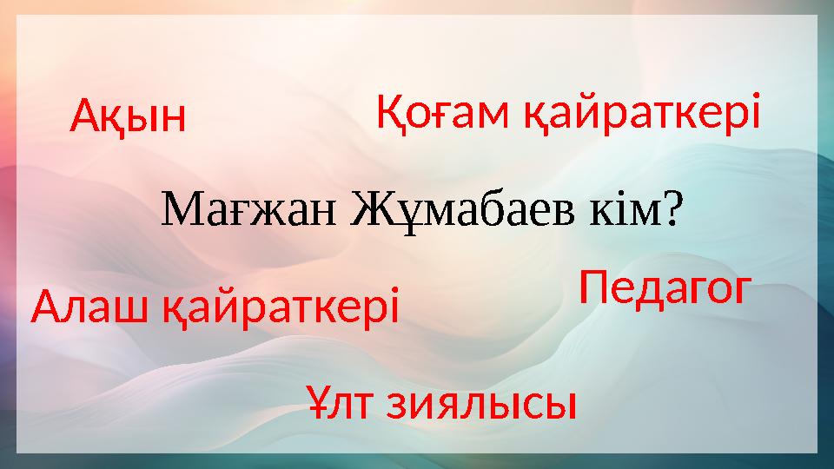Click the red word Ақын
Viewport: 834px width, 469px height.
[128, 116]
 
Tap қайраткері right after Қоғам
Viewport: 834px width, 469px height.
[642, 112]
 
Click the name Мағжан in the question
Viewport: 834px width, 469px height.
[249, 209]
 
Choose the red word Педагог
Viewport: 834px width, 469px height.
[665, 288]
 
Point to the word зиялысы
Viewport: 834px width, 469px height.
[480, 405]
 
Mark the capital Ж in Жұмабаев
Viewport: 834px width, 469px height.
[369, 209]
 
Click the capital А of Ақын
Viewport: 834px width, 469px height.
[86, 116]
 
